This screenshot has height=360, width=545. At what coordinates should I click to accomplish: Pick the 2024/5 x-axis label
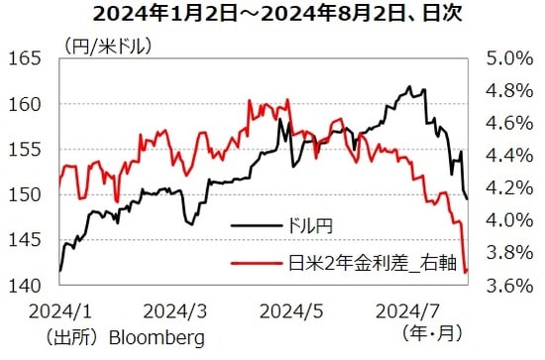tap(293, 311)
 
